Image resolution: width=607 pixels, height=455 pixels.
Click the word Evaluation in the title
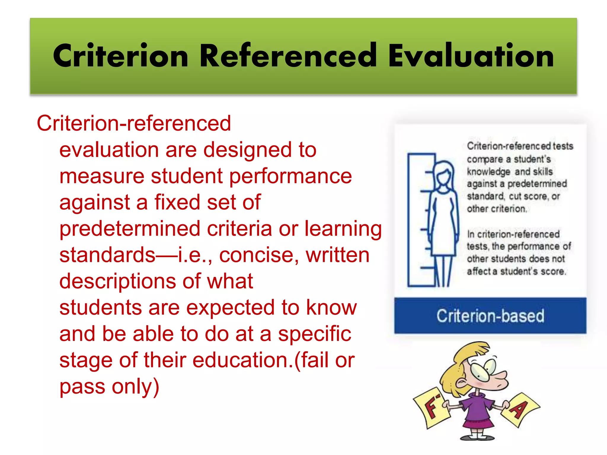471,56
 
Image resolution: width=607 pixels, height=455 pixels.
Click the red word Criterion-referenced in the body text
134,123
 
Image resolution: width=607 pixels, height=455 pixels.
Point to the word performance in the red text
291,176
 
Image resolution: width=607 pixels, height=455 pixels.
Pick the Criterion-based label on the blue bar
490,316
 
